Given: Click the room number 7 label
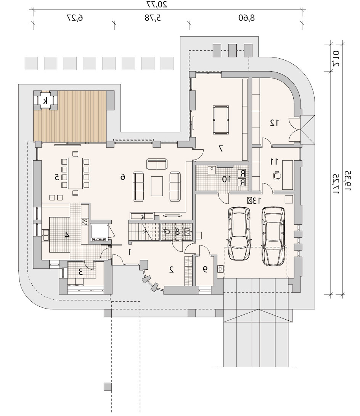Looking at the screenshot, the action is (x=220, y=149).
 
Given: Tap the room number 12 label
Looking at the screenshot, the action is (x=274, y=123).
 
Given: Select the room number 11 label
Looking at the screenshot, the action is (x=274, y=161).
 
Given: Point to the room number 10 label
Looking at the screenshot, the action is (x=227, y=179).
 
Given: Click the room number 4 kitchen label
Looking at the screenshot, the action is (x=67, y=235).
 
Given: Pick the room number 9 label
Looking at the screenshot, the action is (x=205, y=269).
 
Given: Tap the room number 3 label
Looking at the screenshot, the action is (x=81, y=272).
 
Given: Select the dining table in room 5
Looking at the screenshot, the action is (x=76, y=173).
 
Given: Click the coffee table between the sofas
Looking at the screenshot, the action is (x=157, y=186).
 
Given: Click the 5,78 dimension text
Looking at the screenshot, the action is (x=153, y=18).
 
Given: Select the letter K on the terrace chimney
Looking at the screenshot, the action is (x=46, y=101).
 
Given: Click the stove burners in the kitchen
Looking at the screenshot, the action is (x=85, y=222).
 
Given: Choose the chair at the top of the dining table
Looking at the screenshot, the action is (x=76, y=154).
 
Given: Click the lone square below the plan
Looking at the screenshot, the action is (x=107, y=387).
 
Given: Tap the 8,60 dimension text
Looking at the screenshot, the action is (x=246, y=18).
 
